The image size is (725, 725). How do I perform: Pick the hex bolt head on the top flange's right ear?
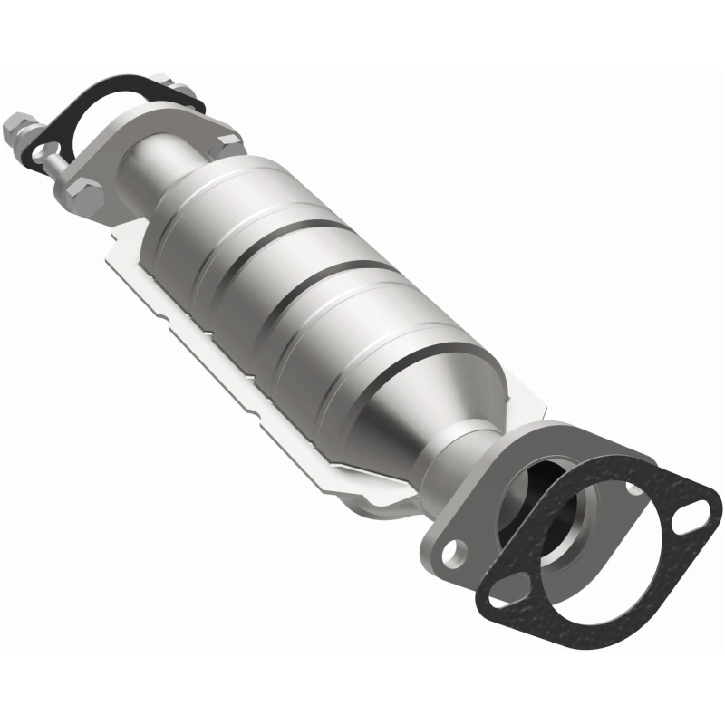(227, 143)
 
